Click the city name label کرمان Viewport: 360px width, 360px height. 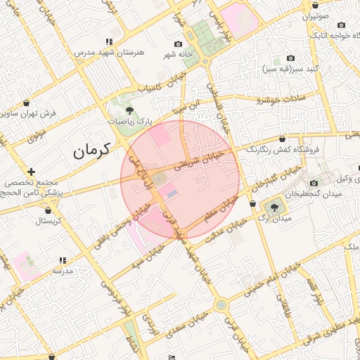click(92, 150)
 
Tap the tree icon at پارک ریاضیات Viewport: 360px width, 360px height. click(129, 110)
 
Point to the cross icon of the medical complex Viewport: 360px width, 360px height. click(31, 171)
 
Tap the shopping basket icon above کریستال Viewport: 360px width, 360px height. click(48, 210)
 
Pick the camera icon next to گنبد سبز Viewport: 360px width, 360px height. click(291, 58)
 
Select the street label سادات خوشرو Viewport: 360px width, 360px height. click(281, 99)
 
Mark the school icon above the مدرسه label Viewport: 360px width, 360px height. click(63, 260)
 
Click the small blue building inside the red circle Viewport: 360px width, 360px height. click(172, 192)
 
